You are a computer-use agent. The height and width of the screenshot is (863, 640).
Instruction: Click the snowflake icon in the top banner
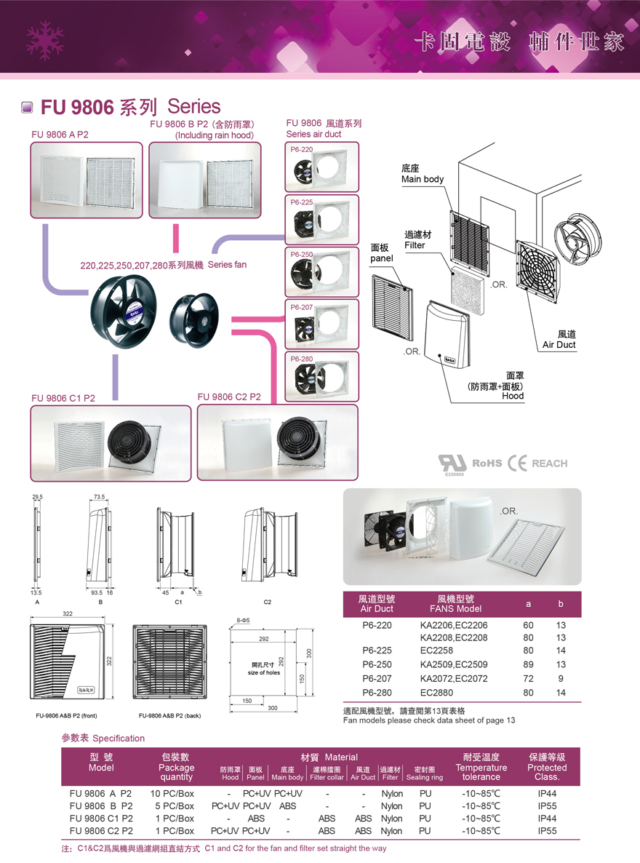43,39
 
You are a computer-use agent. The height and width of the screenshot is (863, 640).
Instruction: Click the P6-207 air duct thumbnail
321,325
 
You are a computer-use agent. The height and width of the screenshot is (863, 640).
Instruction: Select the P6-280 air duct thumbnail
321,377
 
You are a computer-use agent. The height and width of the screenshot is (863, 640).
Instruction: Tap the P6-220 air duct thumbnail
321,167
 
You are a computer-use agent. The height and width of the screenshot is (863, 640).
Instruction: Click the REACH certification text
549,464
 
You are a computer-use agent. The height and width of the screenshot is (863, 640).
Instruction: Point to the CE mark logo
518,464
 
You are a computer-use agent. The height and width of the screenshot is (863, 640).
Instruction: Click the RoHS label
487,464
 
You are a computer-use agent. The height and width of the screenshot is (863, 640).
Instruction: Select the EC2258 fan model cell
436,651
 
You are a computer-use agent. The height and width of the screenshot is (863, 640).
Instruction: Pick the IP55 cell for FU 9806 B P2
547,806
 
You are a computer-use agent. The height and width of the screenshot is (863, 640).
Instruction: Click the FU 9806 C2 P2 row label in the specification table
101,830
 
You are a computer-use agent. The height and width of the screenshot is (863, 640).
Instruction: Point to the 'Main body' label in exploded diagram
422,174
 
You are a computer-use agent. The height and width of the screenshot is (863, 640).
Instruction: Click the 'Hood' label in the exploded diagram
513,396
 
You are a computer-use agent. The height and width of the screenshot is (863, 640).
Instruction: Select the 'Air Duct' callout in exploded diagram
559,339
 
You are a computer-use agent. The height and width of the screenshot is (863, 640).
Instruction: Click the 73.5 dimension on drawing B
100,497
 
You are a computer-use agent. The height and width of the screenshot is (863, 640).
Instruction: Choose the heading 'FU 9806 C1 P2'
63,398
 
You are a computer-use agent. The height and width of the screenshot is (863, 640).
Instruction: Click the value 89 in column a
528,664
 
